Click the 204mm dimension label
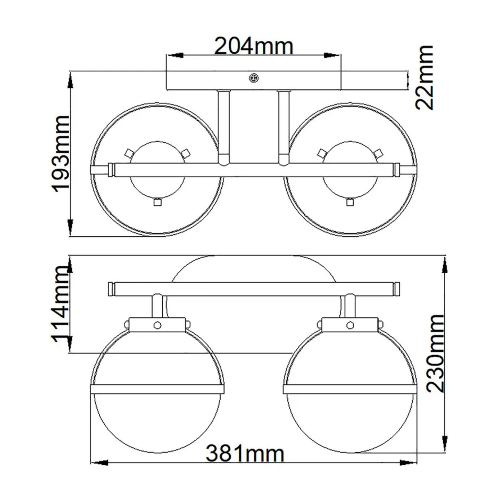tap(253, 46)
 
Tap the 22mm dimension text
tap(425, 77)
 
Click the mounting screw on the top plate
tap(254, 78)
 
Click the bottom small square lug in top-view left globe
tap(157, 202)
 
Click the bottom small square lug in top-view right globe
tap(349, 202)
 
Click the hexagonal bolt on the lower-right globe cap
tap(350, 325)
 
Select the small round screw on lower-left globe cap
tap(157, 325)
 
